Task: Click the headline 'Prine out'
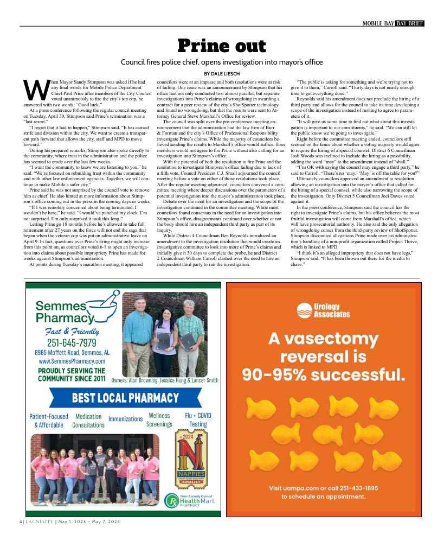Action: [222, 46]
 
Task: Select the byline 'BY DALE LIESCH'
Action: [222, 73]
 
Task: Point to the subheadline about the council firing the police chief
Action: [222, 62]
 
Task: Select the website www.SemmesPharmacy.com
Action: [72, 361]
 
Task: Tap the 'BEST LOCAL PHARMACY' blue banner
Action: [125, 398]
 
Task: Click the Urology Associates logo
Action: [324, 311]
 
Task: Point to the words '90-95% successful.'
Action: [324, 374]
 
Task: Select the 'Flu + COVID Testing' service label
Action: [198, 420]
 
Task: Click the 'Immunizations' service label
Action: [125, 419]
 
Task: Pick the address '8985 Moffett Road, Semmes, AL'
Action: [70, 352]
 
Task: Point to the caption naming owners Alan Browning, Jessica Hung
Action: [164, 380]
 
